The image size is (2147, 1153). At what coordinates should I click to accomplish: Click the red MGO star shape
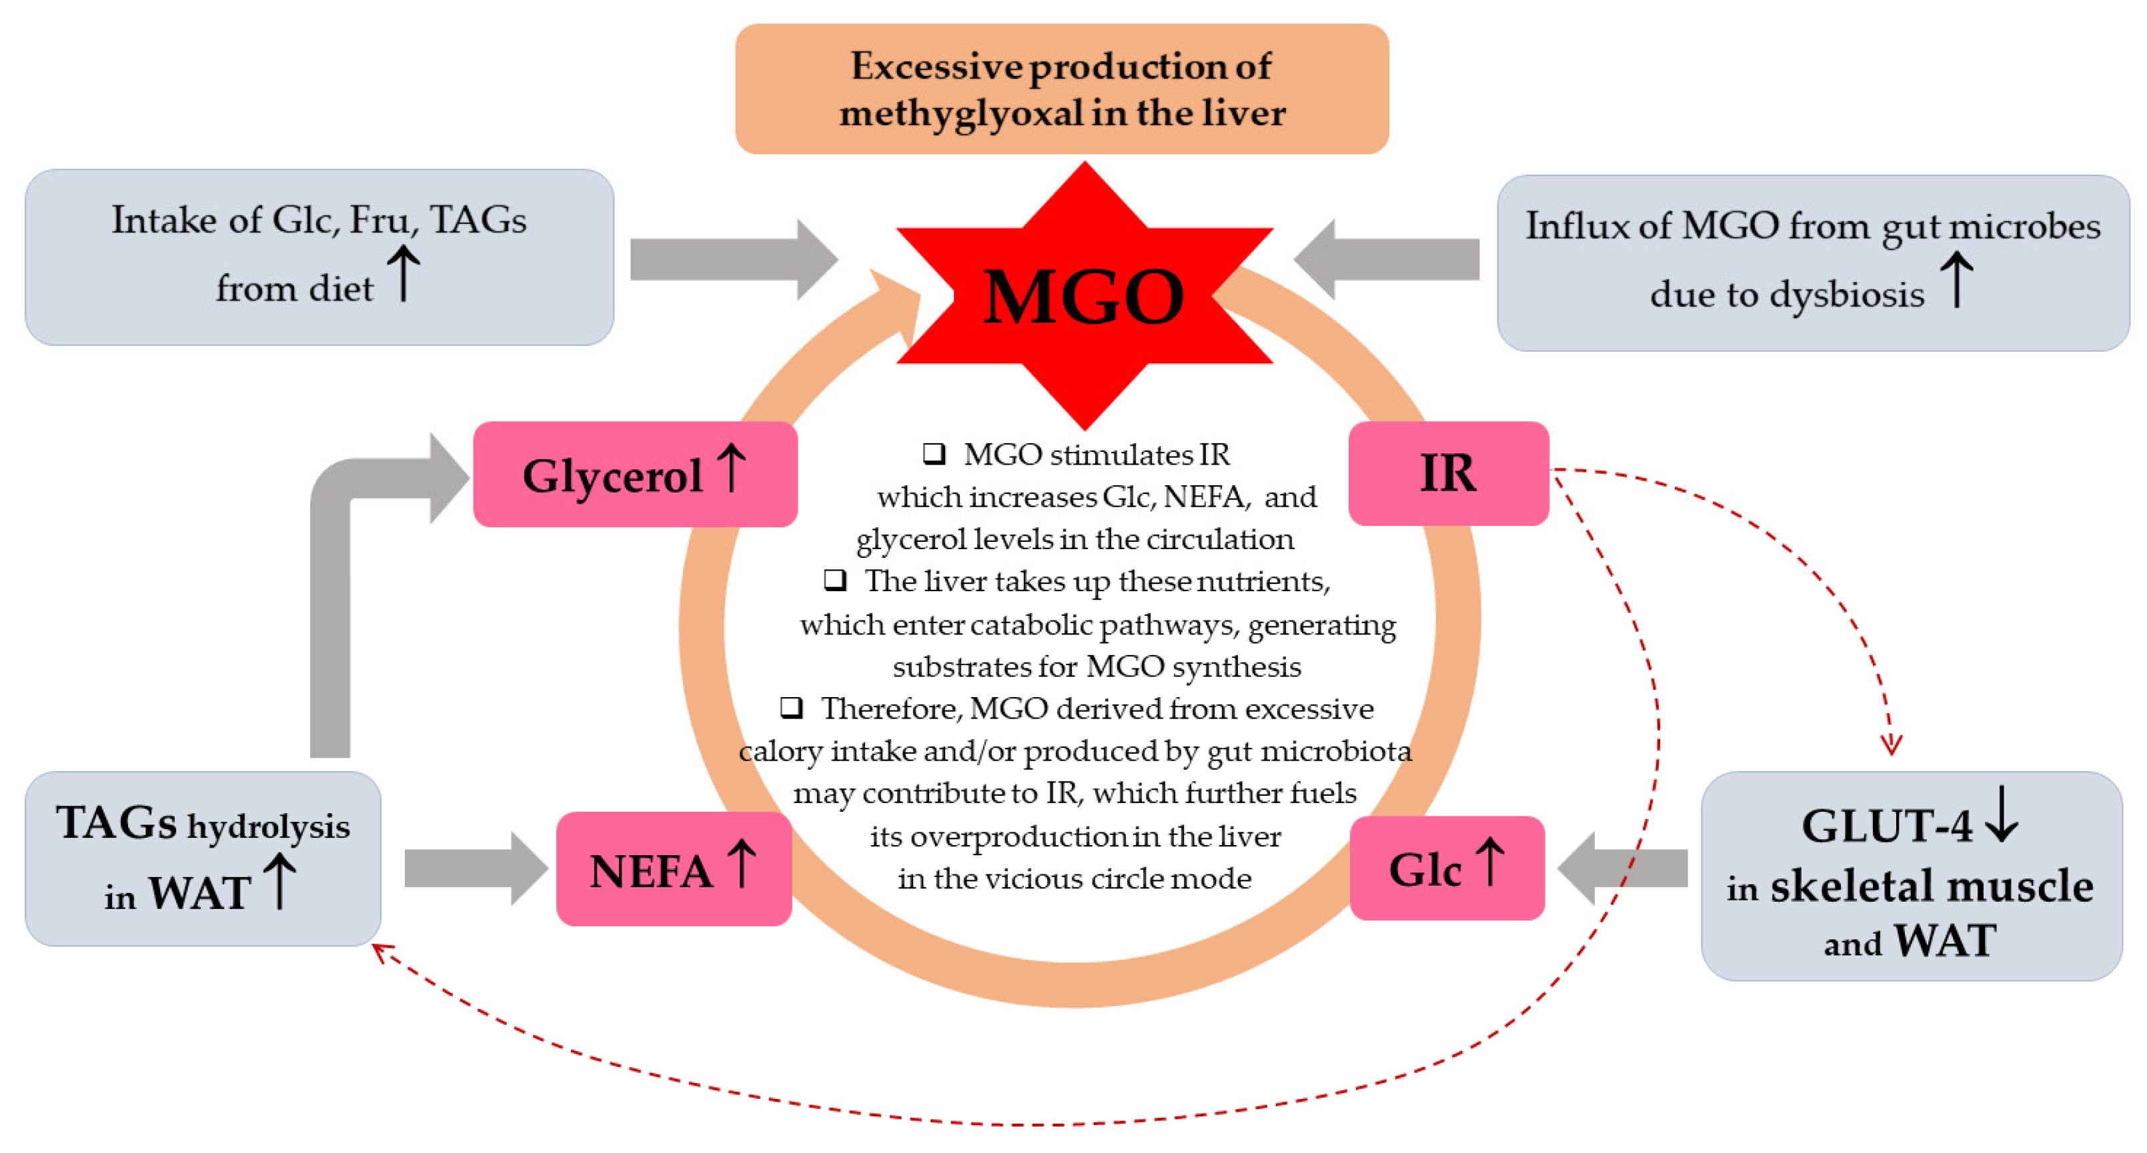[x=1083, y=296]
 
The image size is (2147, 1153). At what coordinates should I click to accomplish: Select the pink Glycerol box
[x=635, y=474]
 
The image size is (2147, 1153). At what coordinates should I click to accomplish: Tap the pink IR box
[x=1448, y=473]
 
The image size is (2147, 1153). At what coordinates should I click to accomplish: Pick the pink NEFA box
[x=674, y=869]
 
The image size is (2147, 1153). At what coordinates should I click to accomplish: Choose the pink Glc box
[x=1446, y=868]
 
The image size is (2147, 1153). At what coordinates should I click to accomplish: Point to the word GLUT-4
[x=1886, y=826]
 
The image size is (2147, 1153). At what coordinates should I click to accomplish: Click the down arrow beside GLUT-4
[x=2001, y=820]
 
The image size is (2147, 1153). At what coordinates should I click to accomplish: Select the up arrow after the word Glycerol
[x=732, y=468]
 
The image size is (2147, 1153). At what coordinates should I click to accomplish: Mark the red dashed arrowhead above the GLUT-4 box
[x=1891, y=743]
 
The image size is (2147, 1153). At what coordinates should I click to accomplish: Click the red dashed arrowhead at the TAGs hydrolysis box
[x=382, y=952]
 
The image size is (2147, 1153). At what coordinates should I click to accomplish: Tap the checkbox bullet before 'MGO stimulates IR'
[x=934, y=453]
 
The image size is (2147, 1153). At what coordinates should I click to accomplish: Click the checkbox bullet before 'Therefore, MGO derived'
[x=791, y=707]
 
